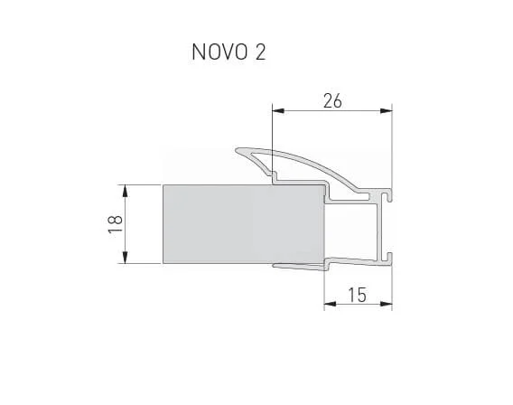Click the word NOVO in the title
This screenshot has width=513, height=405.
coord(218,52)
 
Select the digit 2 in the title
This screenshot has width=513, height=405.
coord(260,52)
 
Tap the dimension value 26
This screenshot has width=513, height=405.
coord(331,101)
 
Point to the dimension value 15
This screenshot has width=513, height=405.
coord(358,294)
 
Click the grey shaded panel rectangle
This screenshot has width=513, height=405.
coord(242,224)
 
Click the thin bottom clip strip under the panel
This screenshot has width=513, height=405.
coord(298,265)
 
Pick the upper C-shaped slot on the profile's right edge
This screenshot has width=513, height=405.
coord(387,193)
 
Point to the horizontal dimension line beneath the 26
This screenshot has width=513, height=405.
coord(331,111)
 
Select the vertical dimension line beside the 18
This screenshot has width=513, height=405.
coord(124,224)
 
